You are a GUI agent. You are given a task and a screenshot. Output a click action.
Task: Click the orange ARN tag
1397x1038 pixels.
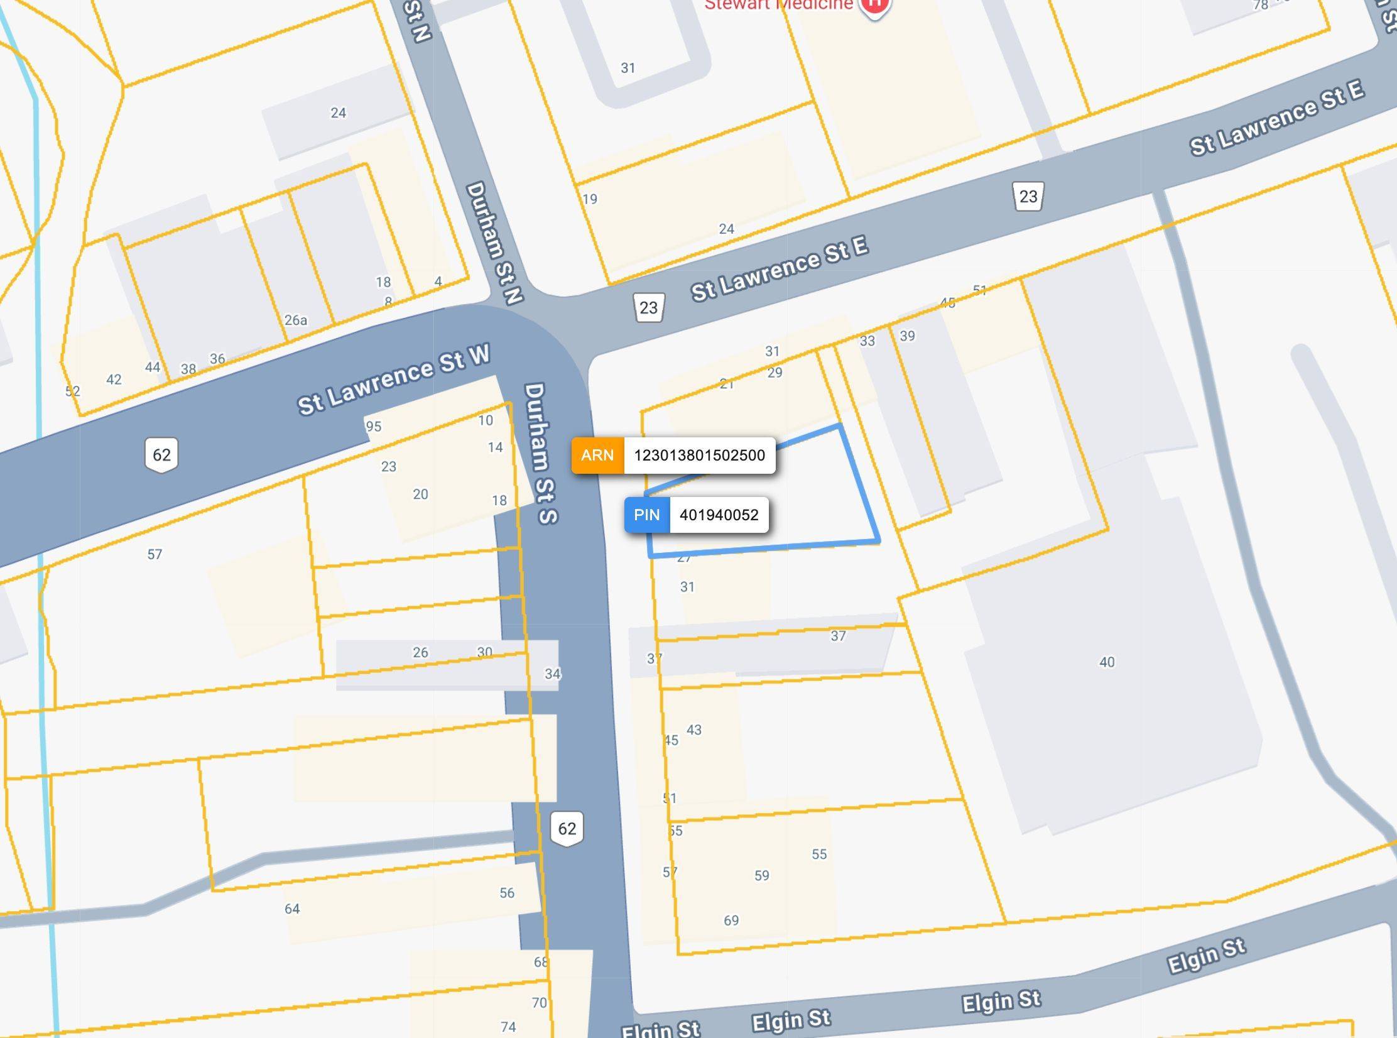coord(597,456)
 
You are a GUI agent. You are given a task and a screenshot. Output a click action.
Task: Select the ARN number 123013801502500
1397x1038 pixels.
coord(699,456)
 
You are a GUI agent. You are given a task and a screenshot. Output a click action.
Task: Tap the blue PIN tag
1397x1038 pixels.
coord(647,515)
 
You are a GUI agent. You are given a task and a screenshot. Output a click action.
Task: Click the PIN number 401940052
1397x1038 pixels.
coord(719,515)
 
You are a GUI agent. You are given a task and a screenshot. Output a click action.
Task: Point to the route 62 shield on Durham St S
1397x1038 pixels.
coord(567,829)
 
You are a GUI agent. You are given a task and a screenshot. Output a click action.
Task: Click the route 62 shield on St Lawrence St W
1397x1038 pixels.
coord(161,455)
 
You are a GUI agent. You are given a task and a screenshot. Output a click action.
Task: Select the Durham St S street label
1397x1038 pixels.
coord(540,452)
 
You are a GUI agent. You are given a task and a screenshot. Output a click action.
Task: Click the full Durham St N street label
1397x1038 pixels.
coord(494,243)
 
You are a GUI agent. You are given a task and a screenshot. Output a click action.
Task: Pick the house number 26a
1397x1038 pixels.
coord(296,320)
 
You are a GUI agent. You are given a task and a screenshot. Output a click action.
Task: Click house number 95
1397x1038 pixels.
coord(374,427)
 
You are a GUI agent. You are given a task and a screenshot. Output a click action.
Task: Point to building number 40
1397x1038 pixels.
coord(1107,662)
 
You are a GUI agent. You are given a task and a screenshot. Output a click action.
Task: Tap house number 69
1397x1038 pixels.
coord(731,921)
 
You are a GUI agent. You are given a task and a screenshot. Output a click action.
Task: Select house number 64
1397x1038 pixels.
coord(292,909)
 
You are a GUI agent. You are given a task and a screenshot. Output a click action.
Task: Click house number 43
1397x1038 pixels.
coord(694,730)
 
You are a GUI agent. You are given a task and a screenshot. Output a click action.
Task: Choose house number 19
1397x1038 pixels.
coord(590,199)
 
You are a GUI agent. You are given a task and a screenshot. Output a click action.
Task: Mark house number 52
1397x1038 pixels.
coord(73,391)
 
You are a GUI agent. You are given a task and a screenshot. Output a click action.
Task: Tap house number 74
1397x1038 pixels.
coord(508,1027)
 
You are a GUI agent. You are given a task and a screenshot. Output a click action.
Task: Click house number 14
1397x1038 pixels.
coord(496,447)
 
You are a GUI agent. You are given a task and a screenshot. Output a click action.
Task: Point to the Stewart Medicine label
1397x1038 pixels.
coord(779,5)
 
